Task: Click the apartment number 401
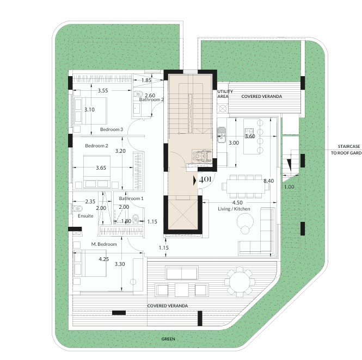pyautogui.click(x=205, y=179)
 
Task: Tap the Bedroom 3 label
pyautogui.click(x=112, y=129)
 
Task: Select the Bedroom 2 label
pyautogui.click(x=96, y=146)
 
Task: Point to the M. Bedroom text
pyautogui.click(x=104, y=244)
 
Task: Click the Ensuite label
pyautogui.click(x=85, y=216)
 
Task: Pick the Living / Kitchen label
pyautogui.click(x=234, y=209)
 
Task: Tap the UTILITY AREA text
pyautogui.click(x=225, y=94)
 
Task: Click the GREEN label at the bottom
pyautogui.click(x=168, y=339)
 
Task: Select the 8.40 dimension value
pyautogui.click(x=269, y=181)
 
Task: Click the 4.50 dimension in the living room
pyautogui.click(x=237, y=202)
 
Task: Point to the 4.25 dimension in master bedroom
pyautogui.click(x=103, y=259)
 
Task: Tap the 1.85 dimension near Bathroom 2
pyautogui.click(x=146, y=80)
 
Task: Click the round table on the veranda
pyautogui.click(x=240, y=282)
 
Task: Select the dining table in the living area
pyautogui.click(x=246, y=186)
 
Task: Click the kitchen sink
pyautogui.click(x=222, y=134)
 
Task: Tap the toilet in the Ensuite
pyautogui.click(x=77, y=208)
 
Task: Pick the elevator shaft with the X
pyautogui.click(x=182, y=215)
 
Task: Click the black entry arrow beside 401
pyautogui.click(x=195, y=181)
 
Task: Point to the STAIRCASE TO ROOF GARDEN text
pyautogui.click(x=346, y=150)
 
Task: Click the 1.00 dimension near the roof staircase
pyautogui.click(x=289, y=187)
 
